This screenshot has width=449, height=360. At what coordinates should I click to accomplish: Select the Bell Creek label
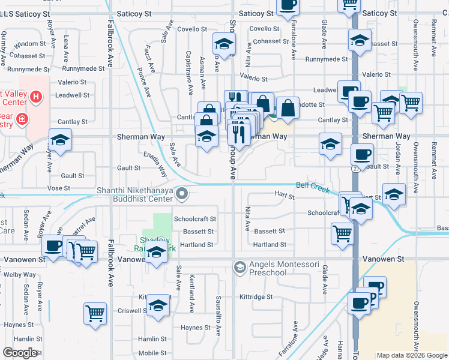click(313, 188)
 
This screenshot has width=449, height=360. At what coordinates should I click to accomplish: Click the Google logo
click(20, 353)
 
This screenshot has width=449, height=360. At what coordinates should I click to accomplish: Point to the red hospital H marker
click(36, 96)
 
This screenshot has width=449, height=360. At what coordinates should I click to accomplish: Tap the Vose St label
click(59, 188)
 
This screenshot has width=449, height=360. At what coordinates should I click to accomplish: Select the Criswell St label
click(134, 311)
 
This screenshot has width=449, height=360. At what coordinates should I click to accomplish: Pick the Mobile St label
click(152, 353)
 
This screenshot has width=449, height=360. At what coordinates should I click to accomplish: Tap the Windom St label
click(30, 44)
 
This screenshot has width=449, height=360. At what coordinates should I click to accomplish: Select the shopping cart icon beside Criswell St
click(96, 313)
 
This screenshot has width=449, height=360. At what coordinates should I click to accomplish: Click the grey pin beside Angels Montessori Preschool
click(240, 266)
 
